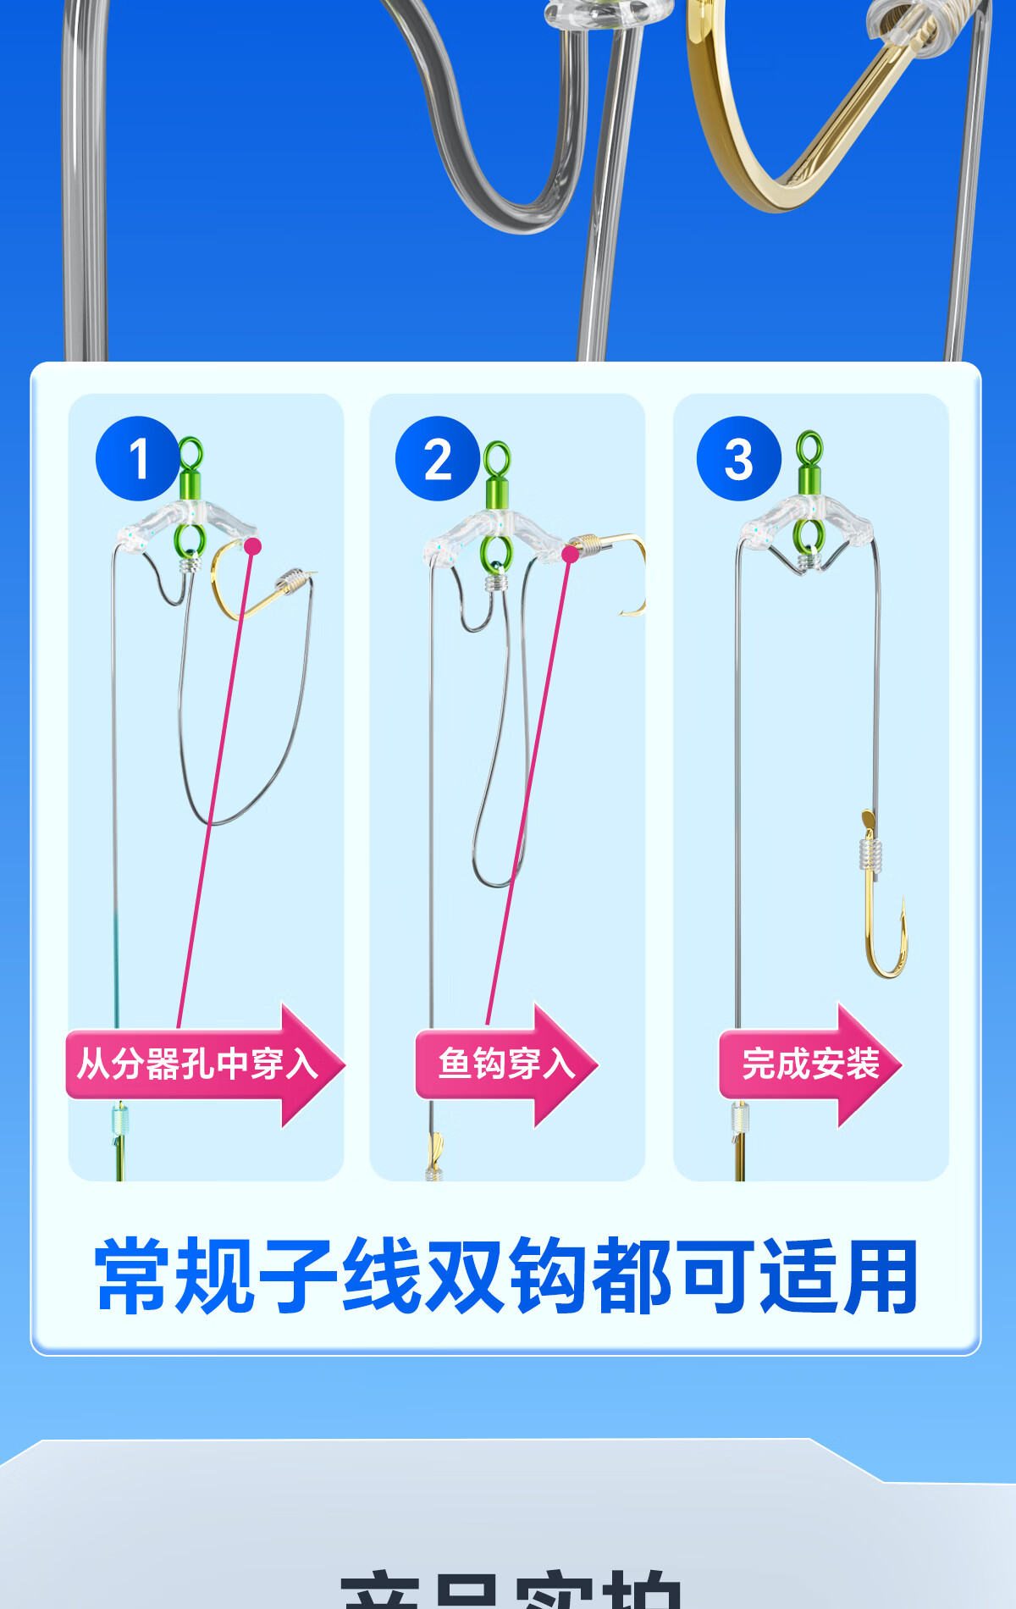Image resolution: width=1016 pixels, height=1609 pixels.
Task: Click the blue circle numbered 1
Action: click(x=138, y=458)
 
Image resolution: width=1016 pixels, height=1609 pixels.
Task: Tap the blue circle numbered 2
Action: click(x=438, y=458)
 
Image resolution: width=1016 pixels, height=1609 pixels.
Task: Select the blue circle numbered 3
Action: click(x=738, y=458)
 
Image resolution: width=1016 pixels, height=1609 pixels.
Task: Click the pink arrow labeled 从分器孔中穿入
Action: click(x=203, y=1064)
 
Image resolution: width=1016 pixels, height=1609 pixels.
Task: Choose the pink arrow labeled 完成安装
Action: click(x=809, y=1064)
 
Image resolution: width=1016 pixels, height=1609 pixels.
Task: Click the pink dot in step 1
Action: click(x=252, y=547)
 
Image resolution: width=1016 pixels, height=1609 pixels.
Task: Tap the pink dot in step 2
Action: click(x=571, y=555)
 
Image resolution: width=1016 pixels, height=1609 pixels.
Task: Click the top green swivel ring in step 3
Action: click(x=810, y=449)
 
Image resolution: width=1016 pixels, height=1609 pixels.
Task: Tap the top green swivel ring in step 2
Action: click(x=497, y=460)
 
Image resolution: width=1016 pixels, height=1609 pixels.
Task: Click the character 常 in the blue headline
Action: click(x=135, y=1276)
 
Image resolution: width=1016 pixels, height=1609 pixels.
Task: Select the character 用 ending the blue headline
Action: click(x=881, y=1276)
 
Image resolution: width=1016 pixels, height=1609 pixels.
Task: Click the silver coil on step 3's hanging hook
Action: click(x=870, y=855)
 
